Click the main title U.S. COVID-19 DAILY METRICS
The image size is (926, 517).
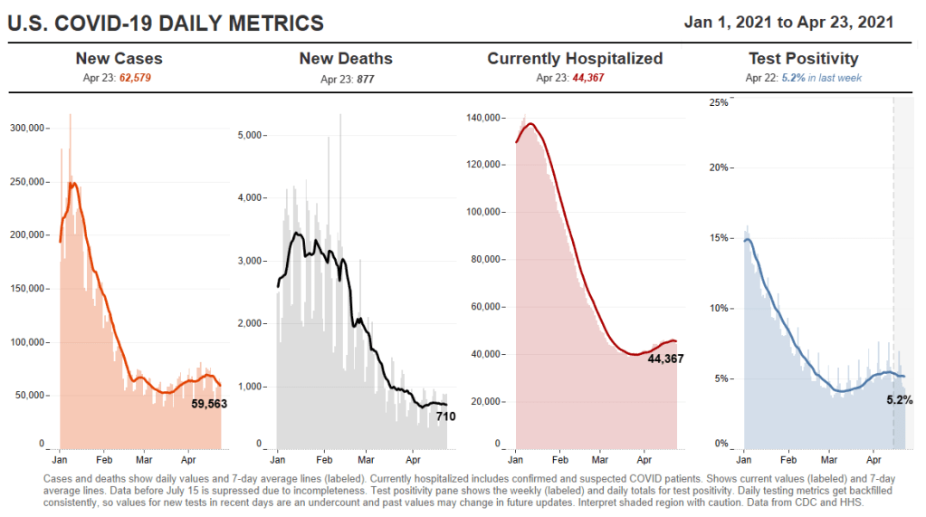tap(166, 24)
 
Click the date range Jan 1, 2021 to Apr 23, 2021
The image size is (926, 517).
tap(789, 22)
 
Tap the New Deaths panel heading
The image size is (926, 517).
tap(346, 59)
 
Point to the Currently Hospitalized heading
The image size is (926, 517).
tap(575, 59)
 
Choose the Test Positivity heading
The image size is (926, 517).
tap(803, 59)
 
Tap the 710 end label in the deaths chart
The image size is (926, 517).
tap(446, 416)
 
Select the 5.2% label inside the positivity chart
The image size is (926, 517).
tap(899, 399)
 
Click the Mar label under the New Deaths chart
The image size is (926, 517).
tap(366, 459)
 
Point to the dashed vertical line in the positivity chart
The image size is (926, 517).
tap(893, 272)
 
